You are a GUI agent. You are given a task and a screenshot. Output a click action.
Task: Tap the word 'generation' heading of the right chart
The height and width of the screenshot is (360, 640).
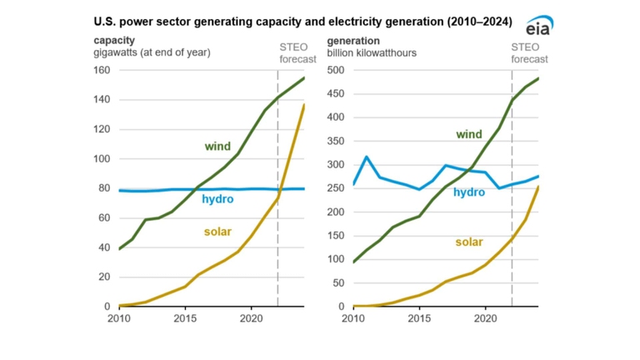click(353, 40)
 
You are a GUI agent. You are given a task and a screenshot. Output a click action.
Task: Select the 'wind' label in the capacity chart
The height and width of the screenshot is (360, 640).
click(217, 147)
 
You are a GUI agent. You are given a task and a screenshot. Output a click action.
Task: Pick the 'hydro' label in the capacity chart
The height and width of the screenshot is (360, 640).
click(217, 199)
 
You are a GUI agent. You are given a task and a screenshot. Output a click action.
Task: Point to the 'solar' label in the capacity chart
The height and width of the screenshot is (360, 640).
click(217, 232)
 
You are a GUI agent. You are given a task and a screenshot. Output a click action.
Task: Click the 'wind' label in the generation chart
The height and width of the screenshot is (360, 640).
click(468, 134)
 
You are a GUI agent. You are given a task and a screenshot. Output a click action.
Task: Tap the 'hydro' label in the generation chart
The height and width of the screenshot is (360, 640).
click(469, 192)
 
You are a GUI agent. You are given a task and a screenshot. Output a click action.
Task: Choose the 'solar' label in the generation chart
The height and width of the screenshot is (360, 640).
click(469, 242)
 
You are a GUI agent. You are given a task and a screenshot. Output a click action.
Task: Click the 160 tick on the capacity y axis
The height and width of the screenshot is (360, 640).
click(101, 70)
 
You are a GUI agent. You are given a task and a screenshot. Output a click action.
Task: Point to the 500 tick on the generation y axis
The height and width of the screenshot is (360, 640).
click(336, 70)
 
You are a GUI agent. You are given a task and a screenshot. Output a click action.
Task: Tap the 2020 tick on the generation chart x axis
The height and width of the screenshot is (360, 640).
click(485, 317)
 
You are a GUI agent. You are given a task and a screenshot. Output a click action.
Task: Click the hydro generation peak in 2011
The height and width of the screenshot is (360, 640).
click(367, 157)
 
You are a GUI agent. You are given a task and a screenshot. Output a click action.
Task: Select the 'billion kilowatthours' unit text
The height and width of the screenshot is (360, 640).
click(372, 52)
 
